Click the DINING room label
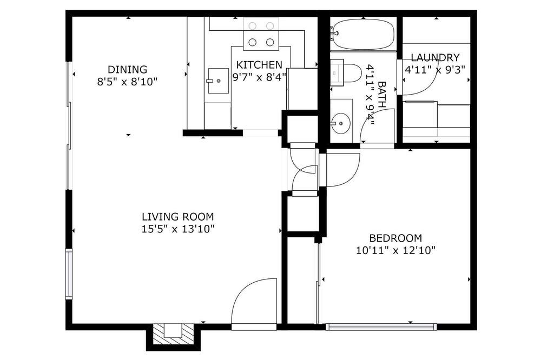127,69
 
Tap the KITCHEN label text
259,65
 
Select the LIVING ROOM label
177,217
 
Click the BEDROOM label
395,238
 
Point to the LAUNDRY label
435,57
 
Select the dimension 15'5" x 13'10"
178,229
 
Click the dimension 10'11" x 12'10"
395,250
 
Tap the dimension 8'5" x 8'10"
127,82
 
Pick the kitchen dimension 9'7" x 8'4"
260,77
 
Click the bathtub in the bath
362,34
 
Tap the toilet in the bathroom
345,73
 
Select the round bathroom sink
340,122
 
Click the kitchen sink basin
218,81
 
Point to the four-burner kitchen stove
261,34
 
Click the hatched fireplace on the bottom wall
173,334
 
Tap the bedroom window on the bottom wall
381,326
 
